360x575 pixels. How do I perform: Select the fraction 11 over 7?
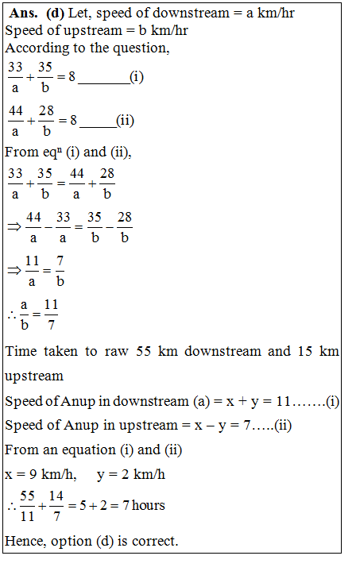[x=52, y=313]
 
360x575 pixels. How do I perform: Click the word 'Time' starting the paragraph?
[x=21, y=351]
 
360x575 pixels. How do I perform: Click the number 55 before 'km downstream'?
[x=151, y=351]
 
